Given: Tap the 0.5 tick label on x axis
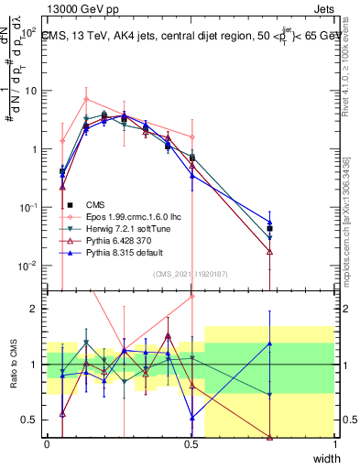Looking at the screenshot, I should (x=191, y=443).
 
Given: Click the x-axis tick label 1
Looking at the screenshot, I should (x=335, y=443).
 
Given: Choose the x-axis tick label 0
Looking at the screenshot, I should (x=47, y=443).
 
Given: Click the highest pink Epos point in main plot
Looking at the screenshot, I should (x=85, y=99).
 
